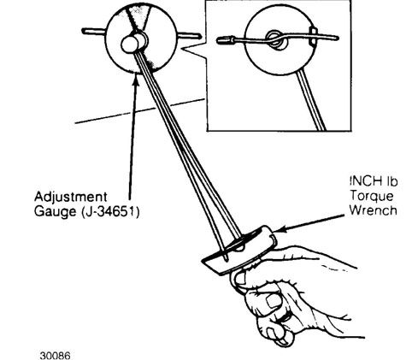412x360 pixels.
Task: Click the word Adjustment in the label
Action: click(x=71, y=197)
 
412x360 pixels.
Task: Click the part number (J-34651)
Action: click(x=110, y=211)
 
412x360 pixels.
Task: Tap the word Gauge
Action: click(x=56, y=212)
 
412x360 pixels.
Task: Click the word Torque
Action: click(x=372, y=196)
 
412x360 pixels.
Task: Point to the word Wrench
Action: click(x=374, y=210)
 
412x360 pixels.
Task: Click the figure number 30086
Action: click(x=55, y=356)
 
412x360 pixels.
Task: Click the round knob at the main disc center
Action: click(x=130, y=44)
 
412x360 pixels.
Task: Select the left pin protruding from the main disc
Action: click(x=94, y=31)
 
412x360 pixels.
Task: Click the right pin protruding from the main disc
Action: click(x=189, y=36)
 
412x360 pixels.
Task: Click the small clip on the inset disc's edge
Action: click(x=313, y=36)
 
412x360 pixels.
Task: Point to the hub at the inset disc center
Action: click(x=277, y=38)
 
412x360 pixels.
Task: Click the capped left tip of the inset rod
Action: click(x=226, y=40)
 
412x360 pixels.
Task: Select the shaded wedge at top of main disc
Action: click(x=139, y=16)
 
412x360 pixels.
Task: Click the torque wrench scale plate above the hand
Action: click(x=238, y=251)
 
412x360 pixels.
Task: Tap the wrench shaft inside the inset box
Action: click(x=310, y=100)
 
